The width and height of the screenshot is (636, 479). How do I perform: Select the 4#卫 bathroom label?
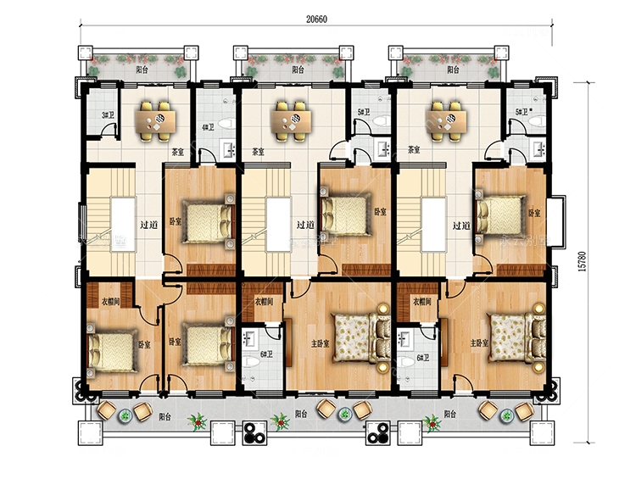(207, 128)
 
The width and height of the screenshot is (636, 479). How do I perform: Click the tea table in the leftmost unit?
(158, 120)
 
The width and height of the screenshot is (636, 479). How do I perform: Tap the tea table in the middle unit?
(290, 120)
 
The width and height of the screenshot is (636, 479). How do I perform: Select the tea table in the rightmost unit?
(446, 120)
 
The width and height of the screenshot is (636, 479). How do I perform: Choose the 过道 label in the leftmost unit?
(148, 226)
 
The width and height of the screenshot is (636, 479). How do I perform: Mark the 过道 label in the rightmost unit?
(461, 226)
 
